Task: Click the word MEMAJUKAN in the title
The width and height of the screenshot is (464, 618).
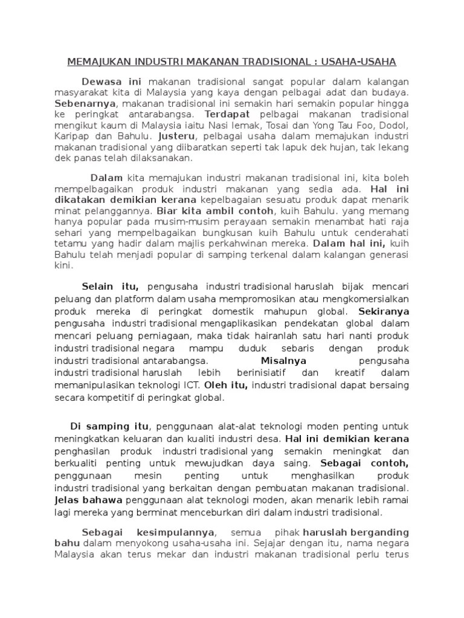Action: (x=97, y=62)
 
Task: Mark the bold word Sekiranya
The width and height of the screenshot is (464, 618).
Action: (x=384, y=312)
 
